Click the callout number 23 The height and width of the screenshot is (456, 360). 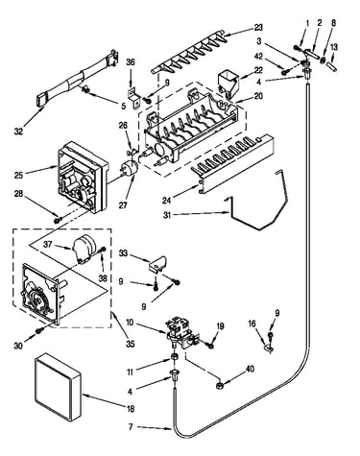click(x=258, y=28)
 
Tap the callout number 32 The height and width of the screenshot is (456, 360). click(x=18, y=131)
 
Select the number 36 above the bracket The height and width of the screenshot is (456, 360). click(x=131, y=62)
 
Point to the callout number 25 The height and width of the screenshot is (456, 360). click(x=19, y=175)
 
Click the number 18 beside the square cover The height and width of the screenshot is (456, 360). click(x=131, y=408)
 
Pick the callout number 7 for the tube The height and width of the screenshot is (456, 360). click(x=131, y=427)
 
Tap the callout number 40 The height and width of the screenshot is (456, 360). click(x=250, y=369)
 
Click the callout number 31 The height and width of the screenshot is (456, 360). click(x=167, y=215)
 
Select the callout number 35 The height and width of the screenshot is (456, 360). click(x=131, y=344)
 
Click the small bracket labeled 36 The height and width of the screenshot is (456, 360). click(x=133, y=96)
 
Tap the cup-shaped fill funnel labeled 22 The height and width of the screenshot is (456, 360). click(x=228, y=84)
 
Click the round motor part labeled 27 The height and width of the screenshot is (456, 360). click(x=130, y=169)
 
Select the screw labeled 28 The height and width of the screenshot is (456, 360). click(x=59, y=220)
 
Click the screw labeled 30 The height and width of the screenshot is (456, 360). click(x=38, y=331)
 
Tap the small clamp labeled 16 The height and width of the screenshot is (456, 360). click(x=269, y=348)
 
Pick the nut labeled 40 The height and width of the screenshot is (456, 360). click(x=219, y=385)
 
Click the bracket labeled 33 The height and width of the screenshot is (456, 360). click(x=157, y=263)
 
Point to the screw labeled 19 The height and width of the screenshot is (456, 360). click(x=210, y=346)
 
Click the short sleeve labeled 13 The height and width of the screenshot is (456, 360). click(x=332, y=67)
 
